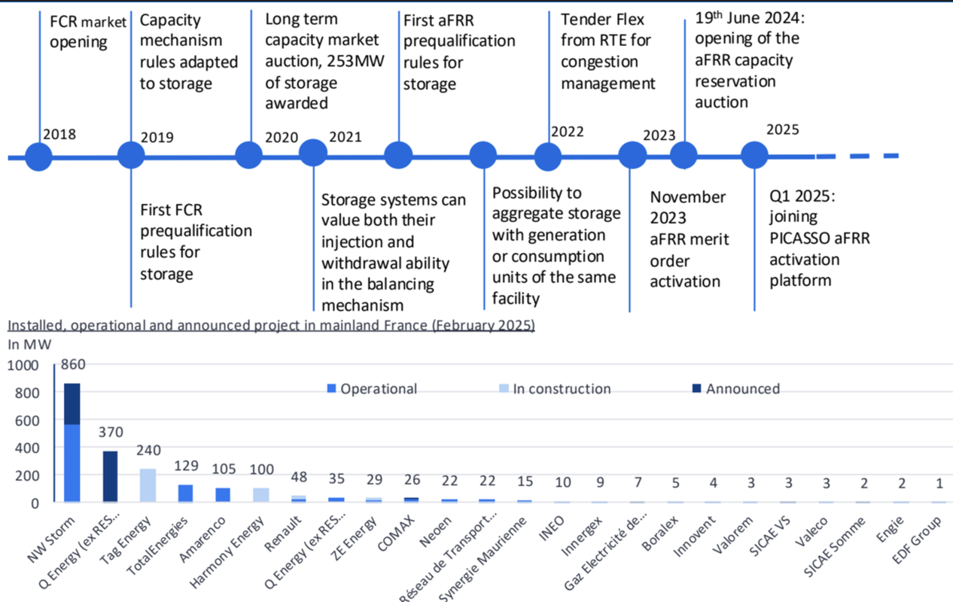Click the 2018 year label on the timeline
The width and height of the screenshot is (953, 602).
point(59,135)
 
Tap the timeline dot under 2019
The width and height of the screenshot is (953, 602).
point(131,155)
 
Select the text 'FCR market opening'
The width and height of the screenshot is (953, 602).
point(87,32)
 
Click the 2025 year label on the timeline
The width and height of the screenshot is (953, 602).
point(783,129)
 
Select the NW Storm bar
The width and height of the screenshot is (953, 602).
point(72,443)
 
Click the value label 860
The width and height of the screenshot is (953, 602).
point(73,364)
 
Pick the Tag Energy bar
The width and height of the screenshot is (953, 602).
point(148,485)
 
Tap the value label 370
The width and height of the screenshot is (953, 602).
point(111,432)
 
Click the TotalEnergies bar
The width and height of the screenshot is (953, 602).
point(185,494)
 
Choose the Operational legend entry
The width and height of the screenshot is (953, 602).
point(372,389)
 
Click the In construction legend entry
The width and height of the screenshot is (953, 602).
point(555,389)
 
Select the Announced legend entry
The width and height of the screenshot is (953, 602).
point(736,389)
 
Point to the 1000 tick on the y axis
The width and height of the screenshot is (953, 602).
point(23,366)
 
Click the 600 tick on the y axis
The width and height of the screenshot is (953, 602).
point(27,421)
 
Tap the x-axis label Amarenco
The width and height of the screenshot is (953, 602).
point(202,540)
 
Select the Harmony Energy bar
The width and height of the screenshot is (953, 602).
point(260,495)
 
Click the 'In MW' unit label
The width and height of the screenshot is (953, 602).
point(29,345)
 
